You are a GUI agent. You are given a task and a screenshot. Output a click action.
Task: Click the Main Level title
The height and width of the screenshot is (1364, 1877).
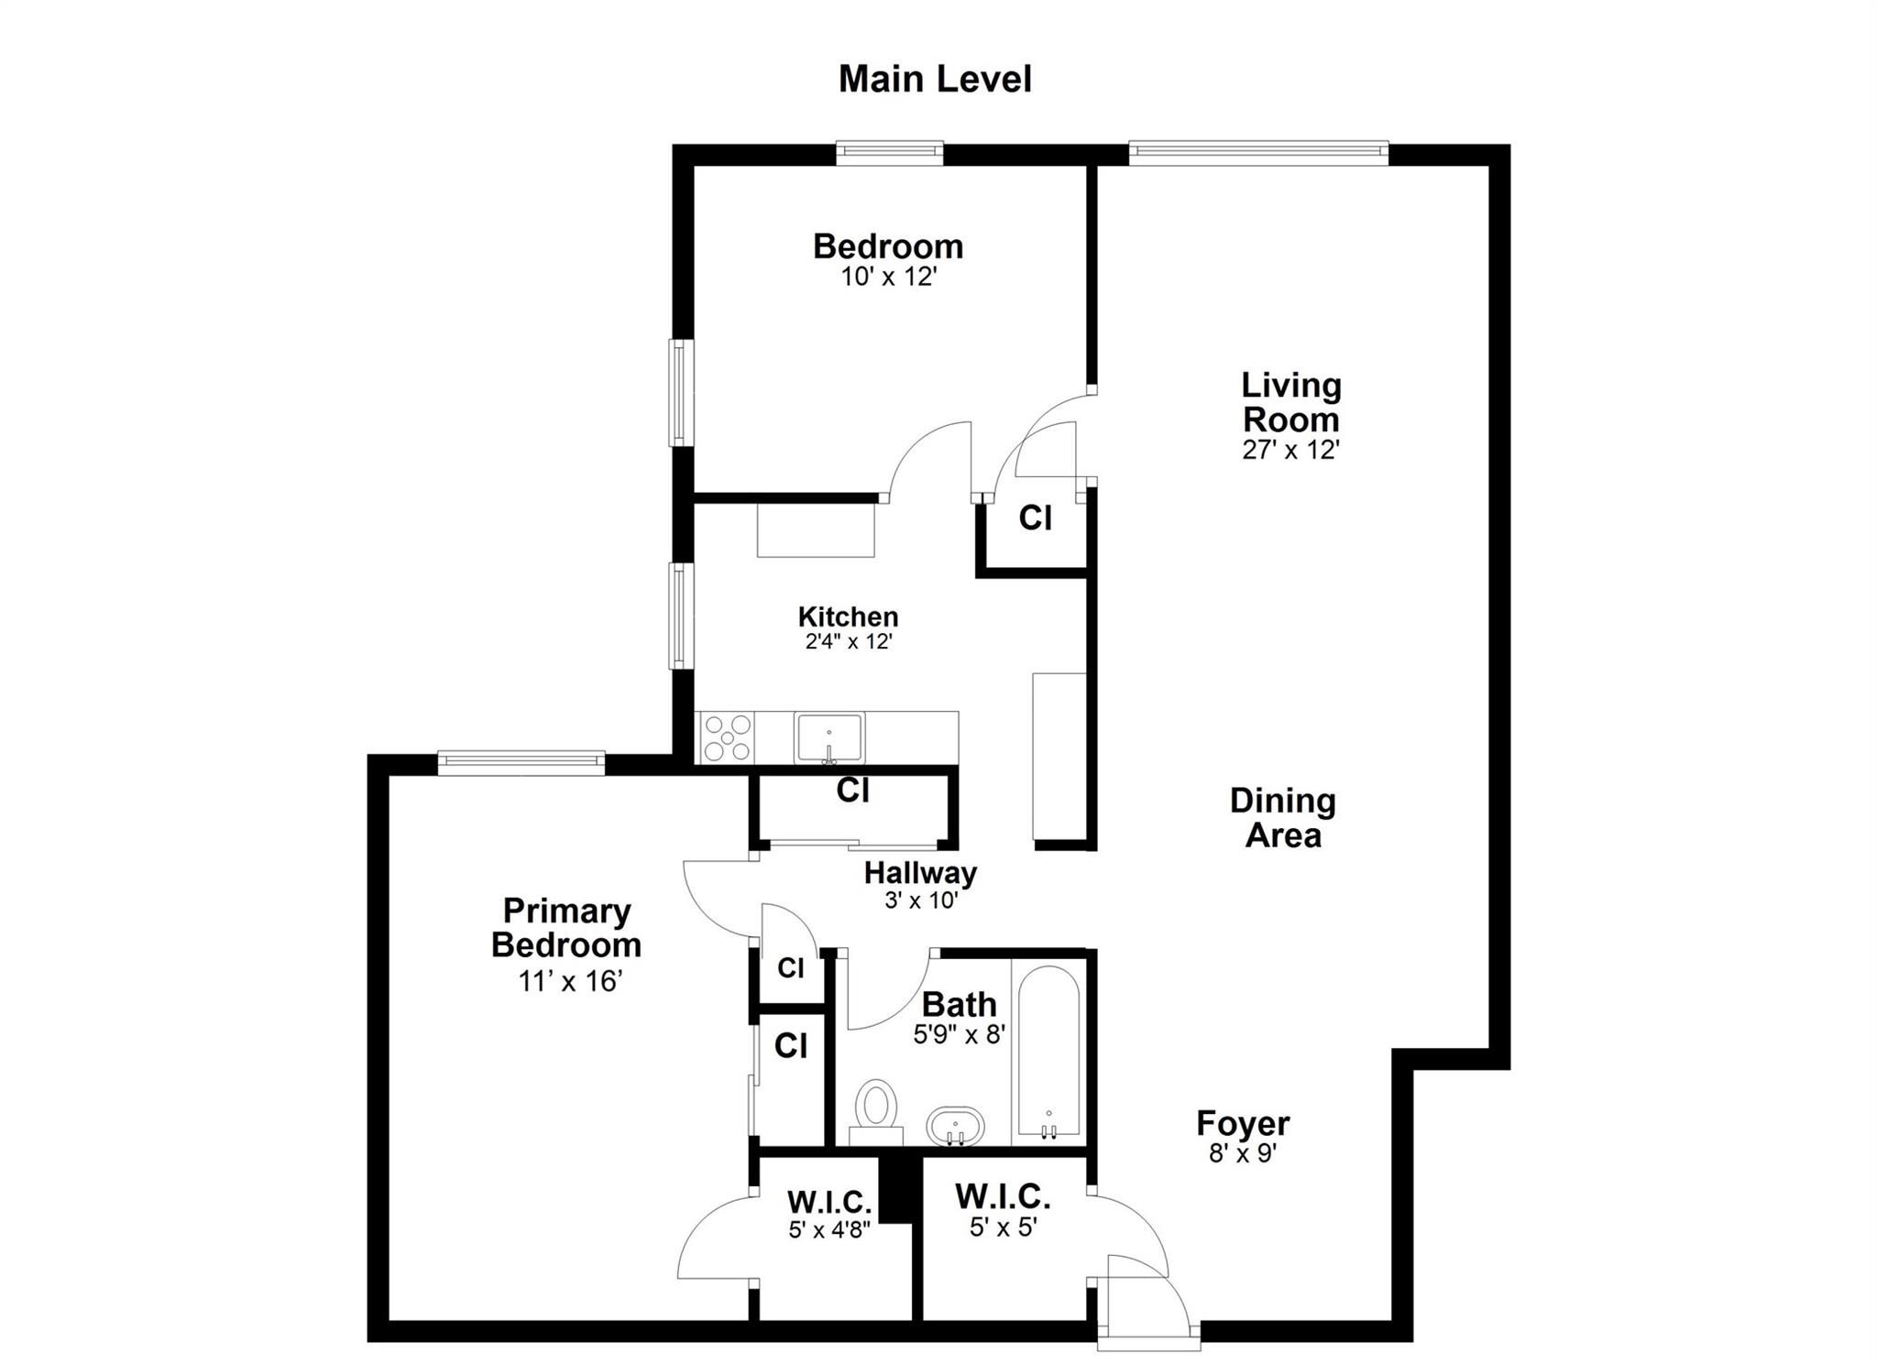tap(935, 80)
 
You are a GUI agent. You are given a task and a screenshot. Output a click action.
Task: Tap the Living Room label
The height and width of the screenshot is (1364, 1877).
tap(1291, 402)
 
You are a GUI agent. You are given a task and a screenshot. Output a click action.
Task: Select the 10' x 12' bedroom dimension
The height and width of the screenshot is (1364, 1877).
tap(888, 277)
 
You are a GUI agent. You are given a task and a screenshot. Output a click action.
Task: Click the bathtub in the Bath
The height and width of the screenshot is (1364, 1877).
tap(1048, 1052)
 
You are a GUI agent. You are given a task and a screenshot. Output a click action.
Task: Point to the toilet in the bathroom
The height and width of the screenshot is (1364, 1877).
tap(877, 1111)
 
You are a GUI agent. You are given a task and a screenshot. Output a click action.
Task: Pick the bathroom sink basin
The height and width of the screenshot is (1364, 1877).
tap(955, 1126)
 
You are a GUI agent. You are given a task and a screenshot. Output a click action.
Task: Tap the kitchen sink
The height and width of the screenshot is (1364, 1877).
tap(829, 738)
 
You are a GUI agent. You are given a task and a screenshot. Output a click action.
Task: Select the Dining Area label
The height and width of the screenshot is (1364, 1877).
tap(1283, 817)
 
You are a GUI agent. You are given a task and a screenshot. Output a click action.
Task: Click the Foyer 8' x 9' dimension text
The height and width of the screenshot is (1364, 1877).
tap(1243, 1152)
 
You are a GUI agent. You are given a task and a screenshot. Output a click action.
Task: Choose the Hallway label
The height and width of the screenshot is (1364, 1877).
tap(920, 872)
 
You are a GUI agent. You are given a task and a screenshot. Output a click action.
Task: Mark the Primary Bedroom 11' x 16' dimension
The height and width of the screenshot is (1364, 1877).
tap(570, 982)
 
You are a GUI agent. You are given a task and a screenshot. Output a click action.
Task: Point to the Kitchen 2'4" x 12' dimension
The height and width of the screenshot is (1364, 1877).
tap(849, 641)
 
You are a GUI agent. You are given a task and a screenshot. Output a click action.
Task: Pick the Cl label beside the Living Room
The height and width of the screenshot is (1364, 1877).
tap(1035, 518)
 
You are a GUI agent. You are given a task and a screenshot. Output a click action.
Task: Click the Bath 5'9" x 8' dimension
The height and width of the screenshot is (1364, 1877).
tap(960, 1034)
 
